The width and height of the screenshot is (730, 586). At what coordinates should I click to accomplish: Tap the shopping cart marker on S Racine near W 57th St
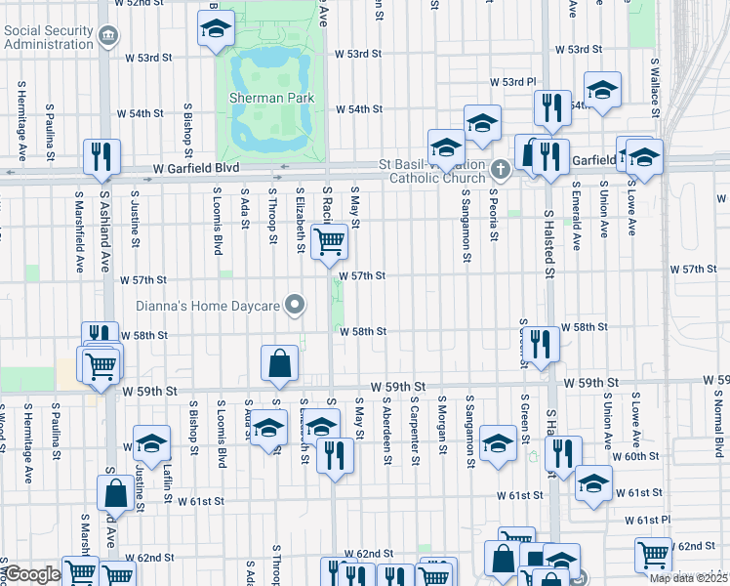tap(329, 240)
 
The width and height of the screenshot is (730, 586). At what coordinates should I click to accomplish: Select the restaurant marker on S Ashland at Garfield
tap(102, 156)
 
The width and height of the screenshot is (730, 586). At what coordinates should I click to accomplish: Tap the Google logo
tap(32, 575)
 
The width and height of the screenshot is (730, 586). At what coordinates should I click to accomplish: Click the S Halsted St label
tap(549, 243)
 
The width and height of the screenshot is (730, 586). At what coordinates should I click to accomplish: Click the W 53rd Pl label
tap(514, 81)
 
